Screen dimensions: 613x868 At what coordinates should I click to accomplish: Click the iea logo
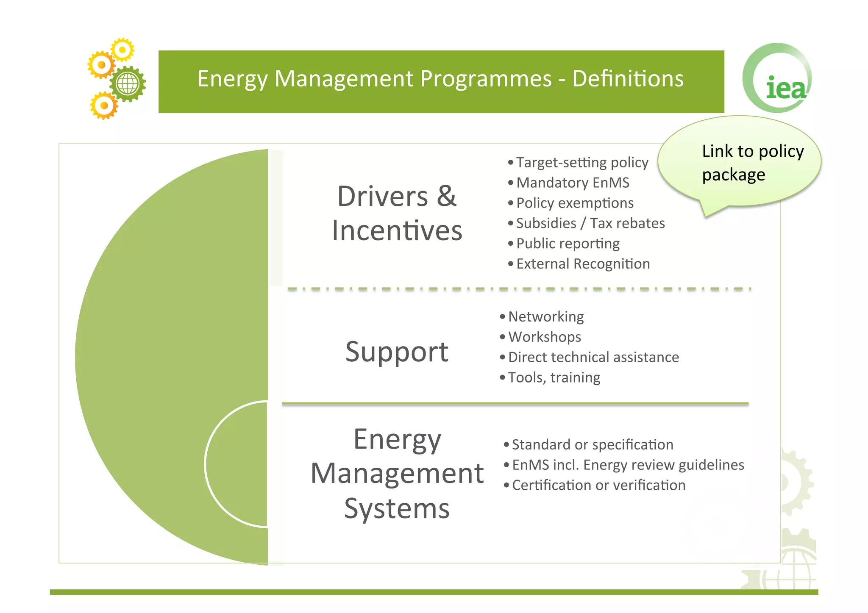[x=778, y=79]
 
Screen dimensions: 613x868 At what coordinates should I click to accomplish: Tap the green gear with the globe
[x=128, y=83]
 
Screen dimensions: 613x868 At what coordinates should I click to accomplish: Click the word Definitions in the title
[x=628, y=79]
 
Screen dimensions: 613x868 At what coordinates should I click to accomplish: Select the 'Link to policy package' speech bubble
[x=740, y=163]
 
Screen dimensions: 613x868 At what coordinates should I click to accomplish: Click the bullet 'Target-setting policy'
[x=582, y=163]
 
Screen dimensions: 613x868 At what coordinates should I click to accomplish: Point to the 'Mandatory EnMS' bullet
[x=573, y=183]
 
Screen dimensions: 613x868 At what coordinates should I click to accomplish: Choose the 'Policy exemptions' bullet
[x=575, y=203]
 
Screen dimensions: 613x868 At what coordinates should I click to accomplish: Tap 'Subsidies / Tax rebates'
[x=590, y=224]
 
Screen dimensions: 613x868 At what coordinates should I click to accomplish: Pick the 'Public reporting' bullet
[x=568, y=244]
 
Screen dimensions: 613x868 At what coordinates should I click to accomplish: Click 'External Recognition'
[x=583, y=264]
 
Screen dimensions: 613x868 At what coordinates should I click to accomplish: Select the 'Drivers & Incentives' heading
[x=397, y=214]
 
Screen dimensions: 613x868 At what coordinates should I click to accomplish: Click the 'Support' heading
[x=397, y=352]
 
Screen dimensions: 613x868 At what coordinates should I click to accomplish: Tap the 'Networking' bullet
[x=546, y=317]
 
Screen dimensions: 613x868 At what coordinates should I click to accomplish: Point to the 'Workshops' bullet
[x=545, y=337]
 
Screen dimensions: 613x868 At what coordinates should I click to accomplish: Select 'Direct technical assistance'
[x=593, y=358]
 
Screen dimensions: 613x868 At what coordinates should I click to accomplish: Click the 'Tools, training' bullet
[x=554, y=378]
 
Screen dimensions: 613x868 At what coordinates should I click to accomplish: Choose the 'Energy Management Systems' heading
[x=397, y=474]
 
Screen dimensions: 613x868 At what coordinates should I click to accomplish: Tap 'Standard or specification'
[x=593, y=445]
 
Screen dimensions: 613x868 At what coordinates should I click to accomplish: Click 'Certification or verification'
[x=598, y=485]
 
